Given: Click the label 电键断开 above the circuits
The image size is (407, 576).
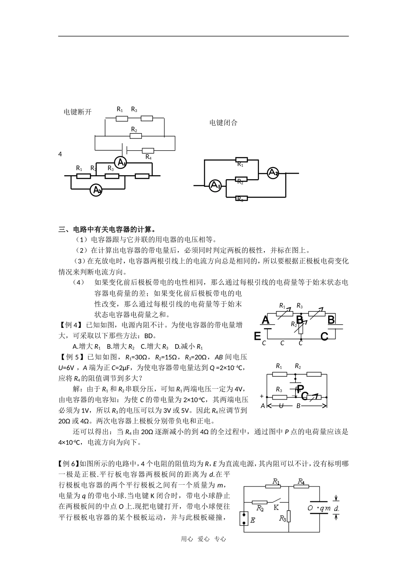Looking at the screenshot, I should click(78, 112).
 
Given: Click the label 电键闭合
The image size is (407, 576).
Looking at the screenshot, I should click(223, 123).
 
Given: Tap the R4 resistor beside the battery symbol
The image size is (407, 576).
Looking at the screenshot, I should click(148, 150).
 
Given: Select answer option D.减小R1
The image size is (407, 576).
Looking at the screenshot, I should click(189, 346).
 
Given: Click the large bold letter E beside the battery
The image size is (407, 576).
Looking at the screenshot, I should click(257, 336).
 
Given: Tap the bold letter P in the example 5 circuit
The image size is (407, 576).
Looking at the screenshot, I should click(300, 389).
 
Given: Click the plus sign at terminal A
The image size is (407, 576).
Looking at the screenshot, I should click(262, 396).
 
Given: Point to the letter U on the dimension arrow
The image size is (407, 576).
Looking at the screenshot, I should click(281, 405).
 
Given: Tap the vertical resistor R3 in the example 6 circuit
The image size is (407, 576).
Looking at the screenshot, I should click(289, 516).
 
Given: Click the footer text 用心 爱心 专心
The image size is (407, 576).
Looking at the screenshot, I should click(203, 539).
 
